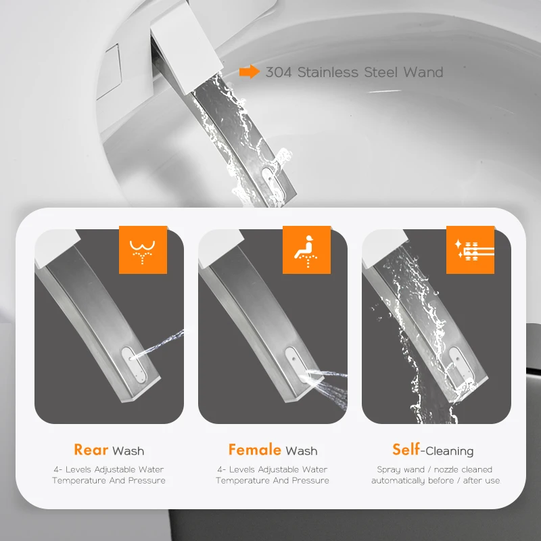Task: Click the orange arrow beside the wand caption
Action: click(249, 72)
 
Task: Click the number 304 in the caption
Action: click(279, 72)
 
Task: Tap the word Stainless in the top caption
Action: click(328, 72)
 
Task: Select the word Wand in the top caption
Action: click(423, 72)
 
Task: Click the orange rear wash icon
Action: click(143, 250)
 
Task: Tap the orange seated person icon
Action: click(306, 250)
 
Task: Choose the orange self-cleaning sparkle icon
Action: click(470, 250)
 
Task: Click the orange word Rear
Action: click(91, 450)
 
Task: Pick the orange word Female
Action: click(255, 450)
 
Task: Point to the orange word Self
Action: click(406, 450)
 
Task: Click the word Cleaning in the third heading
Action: click(450, 451)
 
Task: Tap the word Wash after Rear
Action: click(128, 451)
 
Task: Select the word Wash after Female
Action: click(301, 451)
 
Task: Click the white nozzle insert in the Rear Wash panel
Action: click(134, 365)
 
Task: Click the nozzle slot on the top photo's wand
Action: click(271, 181)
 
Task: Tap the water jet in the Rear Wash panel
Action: click(158, 344)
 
